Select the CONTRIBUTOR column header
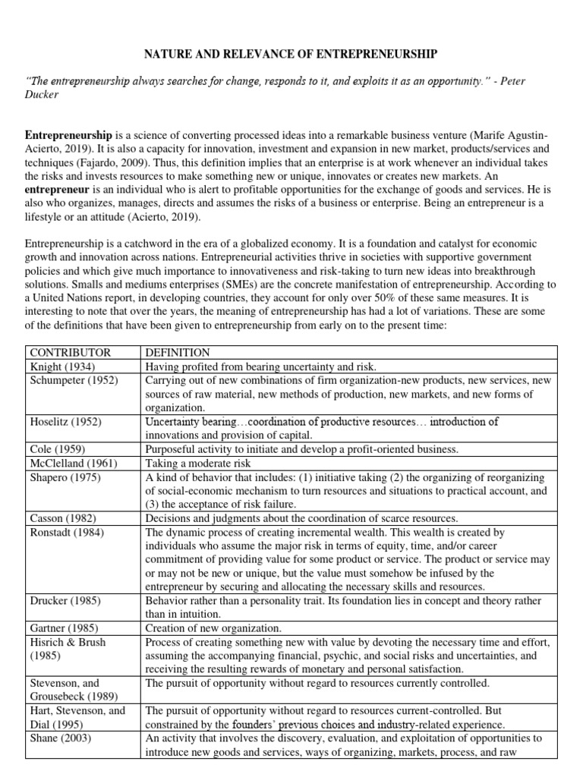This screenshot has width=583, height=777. [x=69, y=353]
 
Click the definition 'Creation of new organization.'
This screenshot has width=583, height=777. [x=213, y=628]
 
